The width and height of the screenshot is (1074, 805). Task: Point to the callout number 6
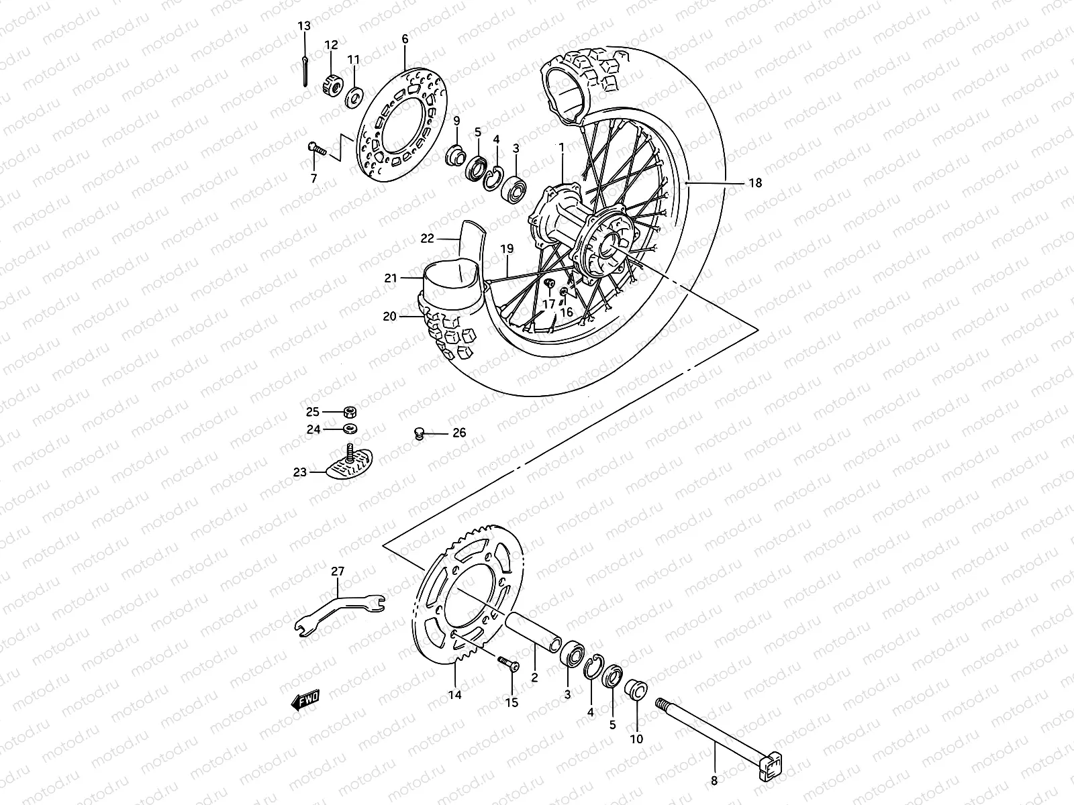405,40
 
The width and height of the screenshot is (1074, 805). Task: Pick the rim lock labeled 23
349,464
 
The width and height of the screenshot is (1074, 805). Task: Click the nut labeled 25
350,412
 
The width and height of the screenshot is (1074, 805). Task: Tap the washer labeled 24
349,429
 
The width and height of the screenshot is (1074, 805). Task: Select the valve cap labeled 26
420,434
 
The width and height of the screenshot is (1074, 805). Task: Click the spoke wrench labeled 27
339,607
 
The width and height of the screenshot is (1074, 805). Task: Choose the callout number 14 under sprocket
454,695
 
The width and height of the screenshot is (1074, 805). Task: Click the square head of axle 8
772,765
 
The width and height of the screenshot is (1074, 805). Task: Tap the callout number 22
428,238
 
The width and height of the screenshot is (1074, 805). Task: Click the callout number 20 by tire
390,317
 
